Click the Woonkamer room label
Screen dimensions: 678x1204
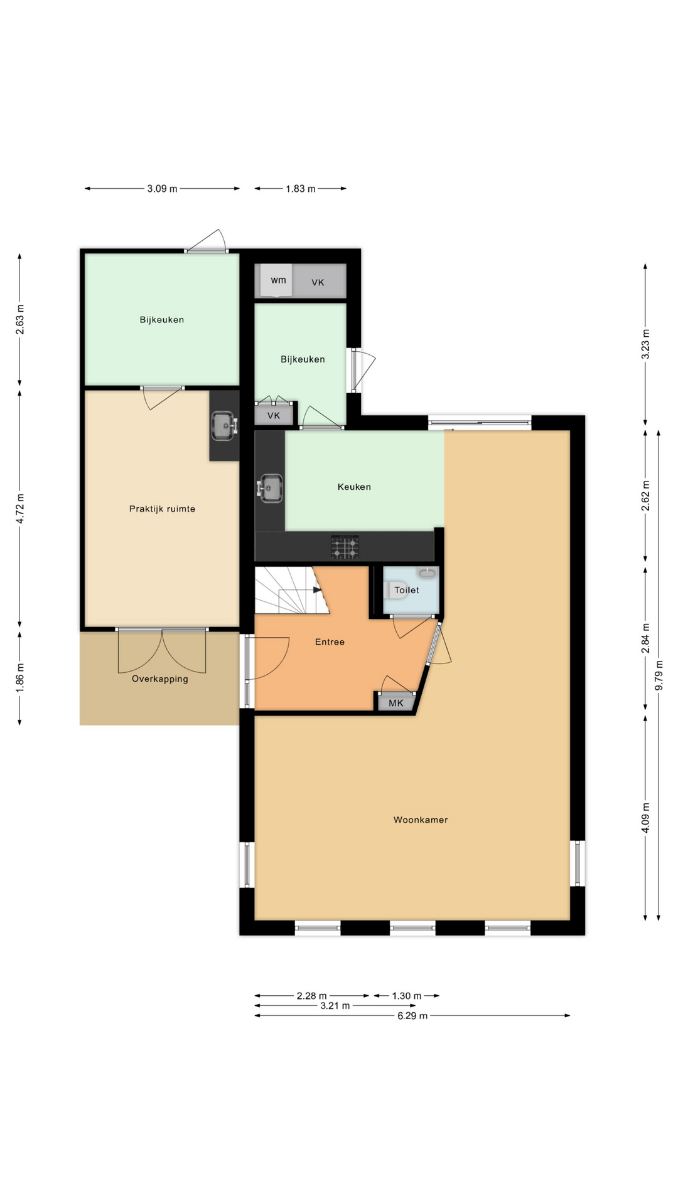coord(421,820)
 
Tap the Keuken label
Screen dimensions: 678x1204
coord(354,487)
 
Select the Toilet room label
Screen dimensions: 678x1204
coord(407,590)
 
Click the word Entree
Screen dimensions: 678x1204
coord(330,642)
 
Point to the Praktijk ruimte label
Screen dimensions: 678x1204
coord(162,509)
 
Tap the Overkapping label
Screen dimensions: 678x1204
coord(160,679)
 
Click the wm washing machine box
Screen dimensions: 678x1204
coord(277,281)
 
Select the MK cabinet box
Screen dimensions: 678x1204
coord(396,702)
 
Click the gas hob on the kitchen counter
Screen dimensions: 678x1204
coord(345,547)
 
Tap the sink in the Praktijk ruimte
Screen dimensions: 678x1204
coord(223,426)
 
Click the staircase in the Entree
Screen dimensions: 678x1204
coord(292,590)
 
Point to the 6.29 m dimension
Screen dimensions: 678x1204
coord(412,1016)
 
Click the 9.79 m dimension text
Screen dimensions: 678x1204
coord(659,675)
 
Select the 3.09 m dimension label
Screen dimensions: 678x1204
coord(162,188)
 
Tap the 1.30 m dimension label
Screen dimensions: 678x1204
coord(407,996)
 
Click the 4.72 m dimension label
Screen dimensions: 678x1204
coord(20,509)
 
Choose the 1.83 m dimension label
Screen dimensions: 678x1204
coord(301,188)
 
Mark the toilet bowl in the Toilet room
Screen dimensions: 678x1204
coord(395,589)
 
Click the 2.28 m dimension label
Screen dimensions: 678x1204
coord(311,996)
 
